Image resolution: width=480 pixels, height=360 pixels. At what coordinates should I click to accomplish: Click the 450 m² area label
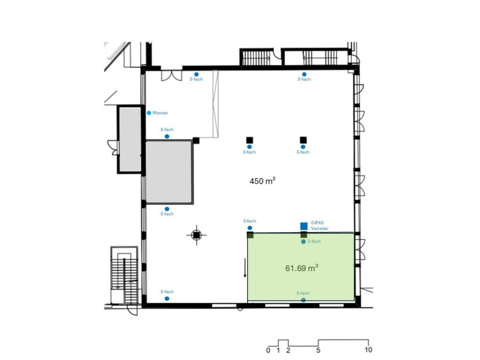pyautogui.click(x=262, y=181)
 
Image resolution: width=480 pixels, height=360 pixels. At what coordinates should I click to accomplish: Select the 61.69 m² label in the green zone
pyautogui.click(x=301, y=268)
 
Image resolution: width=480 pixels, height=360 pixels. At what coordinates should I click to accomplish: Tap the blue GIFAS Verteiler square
pyautogui.click(x=304, y=226)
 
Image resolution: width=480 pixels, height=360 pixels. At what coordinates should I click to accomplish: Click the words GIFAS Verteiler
pyautogui.click(x=319, y=226)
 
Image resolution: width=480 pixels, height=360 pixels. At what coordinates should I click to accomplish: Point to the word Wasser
pyautogui.click(x=160, y=113)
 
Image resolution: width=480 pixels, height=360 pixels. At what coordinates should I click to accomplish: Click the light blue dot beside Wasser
pyautogui.click(x=149, y=113)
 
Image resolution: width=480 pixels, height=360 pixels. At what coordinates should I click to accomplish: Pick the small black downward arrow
pyautogui.click(x=245, y=268)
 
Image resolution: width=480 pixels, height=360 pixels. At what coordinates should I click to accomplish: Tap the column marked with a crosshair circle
pyautogui.click(x=197, y=235)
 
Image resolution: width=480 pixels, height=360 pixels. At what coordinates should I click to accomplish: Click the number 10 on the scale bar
pyautogui.click(x=368, y=350)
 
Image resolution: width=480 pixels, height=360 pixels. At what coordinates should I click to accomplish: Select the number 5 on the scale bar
pyautogui.click(x=318, y=350)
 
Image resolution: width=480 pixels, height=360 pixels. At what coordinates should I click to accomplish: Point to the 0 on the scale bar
pyautogui.click(x=268, y=350)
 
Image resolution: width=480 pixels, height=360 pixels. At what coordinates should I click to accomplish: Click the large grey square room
pyautogui.click(x=169, y=172)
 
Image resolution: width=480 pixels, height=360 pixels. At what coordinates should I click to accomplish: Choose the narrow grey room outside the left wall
pyautogui.click(x=130, y=139)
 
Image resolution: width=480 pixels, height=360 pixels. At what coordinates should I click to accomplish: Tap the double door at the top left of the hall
pyautogui.click(x=172, y=76)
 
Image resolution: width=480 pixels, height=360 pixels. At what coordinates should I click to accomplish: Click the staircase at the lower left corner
pyautogui.click(x=124, y=275)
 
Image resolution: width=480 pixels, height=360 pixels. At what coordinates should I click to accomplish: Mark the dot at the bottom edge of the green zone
pyautogui.click(x=304, y=300)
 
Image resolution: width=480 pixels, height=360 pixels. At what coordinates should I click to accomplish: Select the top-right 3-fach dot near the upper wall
pyautogui.click(x=304, y=75)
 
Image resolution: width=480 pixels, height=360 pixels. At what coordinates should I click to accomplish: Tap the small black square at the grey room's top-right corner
pyautogui.click(x=196, y=140)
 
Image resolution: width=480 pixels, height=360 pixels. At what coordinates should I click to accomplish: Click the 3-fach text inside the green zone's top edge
pyautogui.click(x=314, y=241)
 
